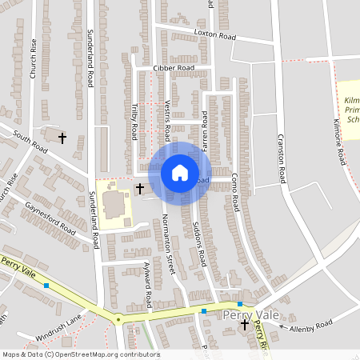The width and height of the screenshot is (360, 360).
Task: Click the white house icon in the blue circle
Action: (179, 172)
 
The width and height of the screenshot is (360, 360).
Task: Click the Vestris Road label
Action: (166, 118)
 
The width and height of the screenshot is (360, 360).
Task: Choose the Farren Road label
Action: (206, 122)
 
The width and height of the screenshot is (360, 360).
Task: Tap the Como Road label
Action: (235, 191)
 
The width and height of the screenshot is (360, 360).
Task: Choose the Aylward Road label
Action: (148, 289)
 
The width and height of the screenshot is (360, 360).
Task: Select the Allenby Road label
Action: (311, 325)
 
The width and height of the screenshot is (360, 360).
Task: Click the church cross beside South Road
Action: (62, 138)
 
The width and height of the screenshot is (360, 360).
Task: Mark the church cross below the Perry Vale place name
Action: (245, 326)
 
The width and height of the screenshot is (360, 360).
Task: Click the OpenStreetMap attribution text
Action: (81, 354)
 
